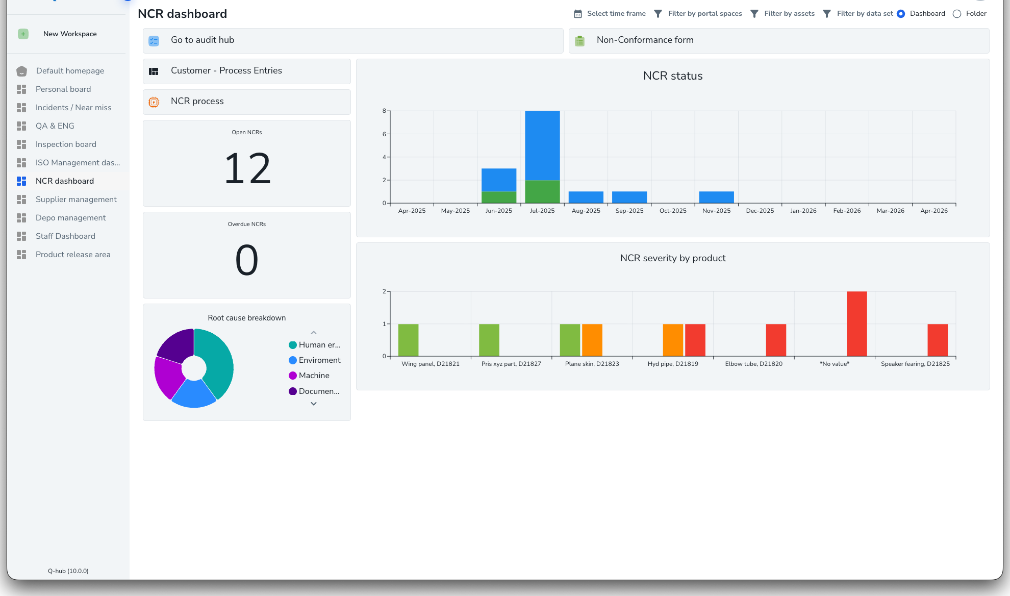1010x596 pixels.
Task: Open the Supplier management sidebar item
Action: [x=76, y=200]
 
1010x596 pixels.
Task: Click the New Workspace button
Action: [x=70, y=34]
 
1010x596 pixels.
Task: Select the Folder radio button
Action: [x=957, y=14]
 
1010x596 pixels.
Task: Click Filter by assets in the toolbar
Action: [x=789, y=14]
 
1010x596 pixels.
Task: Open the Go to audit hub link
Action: [x=203, y=40]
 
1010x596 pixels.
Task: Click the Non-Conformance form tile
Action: [x=645, y=40]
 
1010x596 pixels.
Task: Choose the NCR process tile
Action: [x=197, y=102]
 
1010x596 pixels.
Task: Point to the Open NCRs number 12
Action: [x=247, y=169]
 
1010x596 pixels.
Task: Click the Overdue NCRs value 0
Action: [x=247, y=260]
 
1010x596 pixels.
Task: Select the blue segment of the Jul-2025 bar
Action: [x=542, y=145]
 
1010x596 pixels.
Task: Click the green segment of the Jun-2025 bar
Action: [x=499, y=197]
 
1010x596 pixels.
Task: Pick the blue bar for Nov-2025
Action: [x=716, y=197]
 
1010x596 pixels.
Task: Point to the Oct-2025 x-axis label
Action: [x=673, y=211]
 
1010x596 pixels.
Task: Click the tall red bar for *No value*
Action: [x=856, y=324]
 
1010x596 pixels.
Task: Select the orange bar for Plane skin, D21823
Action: [x=592, y=340]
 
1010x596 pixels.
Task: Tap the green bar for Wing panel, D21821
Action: [x=408, y=340]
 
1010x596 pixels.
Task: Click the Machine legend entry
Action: [x=314, y=376]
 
